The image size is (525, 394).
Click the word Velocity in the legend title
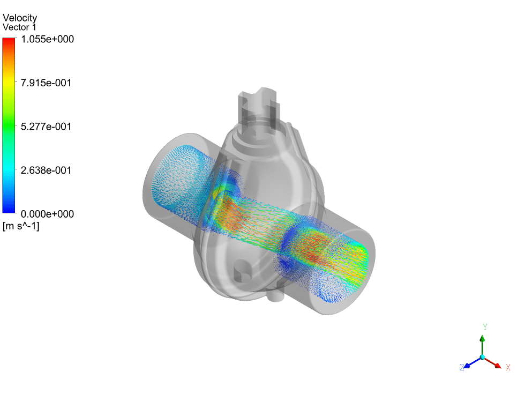(x=20, y=18)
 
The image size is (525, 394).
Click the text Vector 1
(x=19, y=27)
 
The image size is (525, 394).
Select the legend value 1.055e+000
(x=47, y=39)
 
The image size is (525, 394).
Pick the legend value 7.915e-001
(x=46, y=83)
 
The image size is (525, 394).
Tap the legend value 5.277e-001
(x=46, y=127)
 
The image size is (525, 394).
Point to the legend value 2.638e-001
(x=46, y=170)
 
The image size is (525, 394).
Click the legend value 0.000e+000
(x=47, y=214)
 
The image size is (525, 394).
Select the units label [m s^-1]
(x=21, y=226)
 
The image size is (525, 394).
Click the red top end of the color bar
(x=9, y=40)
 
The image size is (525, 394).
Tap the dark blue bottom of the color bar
(x=9, y=210)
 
